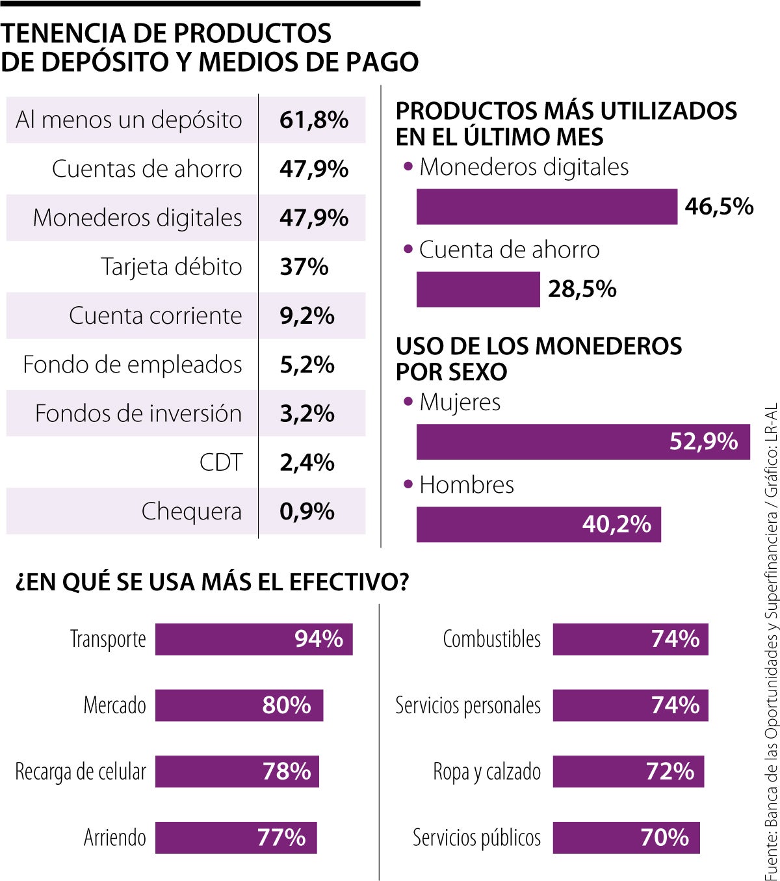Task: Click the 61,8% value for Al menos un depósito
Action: pyautogui.click(x=314, y=120)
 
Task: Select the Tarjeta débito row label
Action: pyautogui.click(x=172, y=267)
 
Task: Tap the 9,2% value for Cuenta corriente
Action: pyautogui.click(x=307, y=316)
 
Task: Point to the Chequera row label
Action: pyautogui.click(x=191, y=512)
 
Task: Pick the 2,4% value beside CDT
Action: pyautogui.click(x=307, y=462)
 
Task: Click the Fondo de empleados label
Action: pyautogui.click(x=133, y=365)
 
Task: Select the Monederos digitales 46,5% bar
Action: pyautogui.click(x=547, y=207)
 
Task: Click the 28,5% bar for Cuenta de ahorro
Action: pyautogui.click(x=478, y=289)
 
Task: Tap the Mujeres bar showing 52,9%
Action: pyautogui.click(x=582, y=442)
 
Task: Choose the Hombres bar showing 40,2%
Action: pyautogui.click(x=538, y=525)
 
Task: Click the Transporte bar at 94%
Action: pyautogui.click(x=253, y=639)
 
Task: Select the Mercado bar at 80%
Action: pyautogui.click(x=239, y=705)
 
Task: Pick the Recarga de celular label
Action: pyautogui.click(x=81, y=772)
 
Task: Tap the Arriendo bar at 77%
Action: pyautogui.click(x=235, y=837)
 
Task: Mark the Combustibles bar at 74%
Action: pyautogui.click(x=630, y=639)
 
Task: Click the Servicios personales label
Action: pyautogui.click(x=468, y=705)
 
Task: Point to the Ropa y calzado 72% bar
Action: pyautogui.click(x=628, y=772)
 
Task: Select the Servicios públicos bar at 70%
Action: pyautogui.click(x=626, y=837)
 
